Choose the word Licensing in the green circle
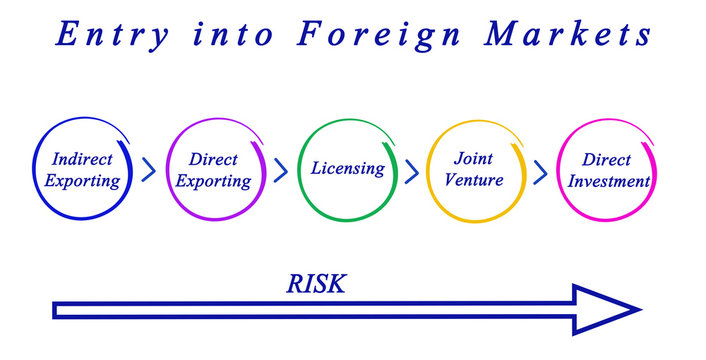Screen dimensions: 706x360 click(x=347, y=168)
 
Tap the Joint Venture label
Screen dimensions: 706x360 click(x=475, y=169)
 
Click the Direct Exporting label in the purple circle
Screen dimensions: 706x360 click(x=214, y=170)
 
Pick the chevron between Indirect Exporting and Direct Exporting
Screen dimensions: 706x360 click(x=149, y=170)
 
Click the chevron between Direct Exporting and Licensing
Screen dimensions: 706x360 click(x=280, y=170)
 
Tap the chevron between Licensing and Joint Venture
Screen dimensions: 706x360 click(x=411, y=170)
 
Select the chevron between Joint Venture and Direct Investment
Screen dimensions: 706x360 click(x=540, y=170)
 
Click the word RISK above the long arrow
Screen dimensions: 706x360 click(x=316, y=284)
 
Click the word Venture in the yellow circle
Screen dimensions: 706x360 click(x=475, y=181)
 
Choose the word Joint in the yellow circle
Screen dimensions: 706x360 click(x=474, y=158)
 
